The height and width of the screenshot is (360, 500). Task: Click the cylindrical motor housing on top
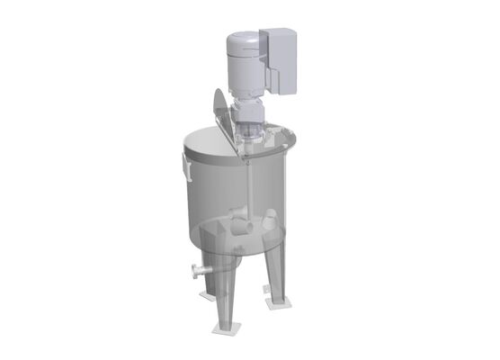point(242,63)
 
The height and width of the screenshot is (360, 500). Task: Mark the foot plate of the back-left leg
point(208,295)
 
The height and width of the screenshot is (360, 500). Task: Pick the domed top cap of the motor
point(240,38)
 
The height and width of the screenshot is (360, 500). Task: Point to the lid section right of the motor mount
point(279,141)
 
